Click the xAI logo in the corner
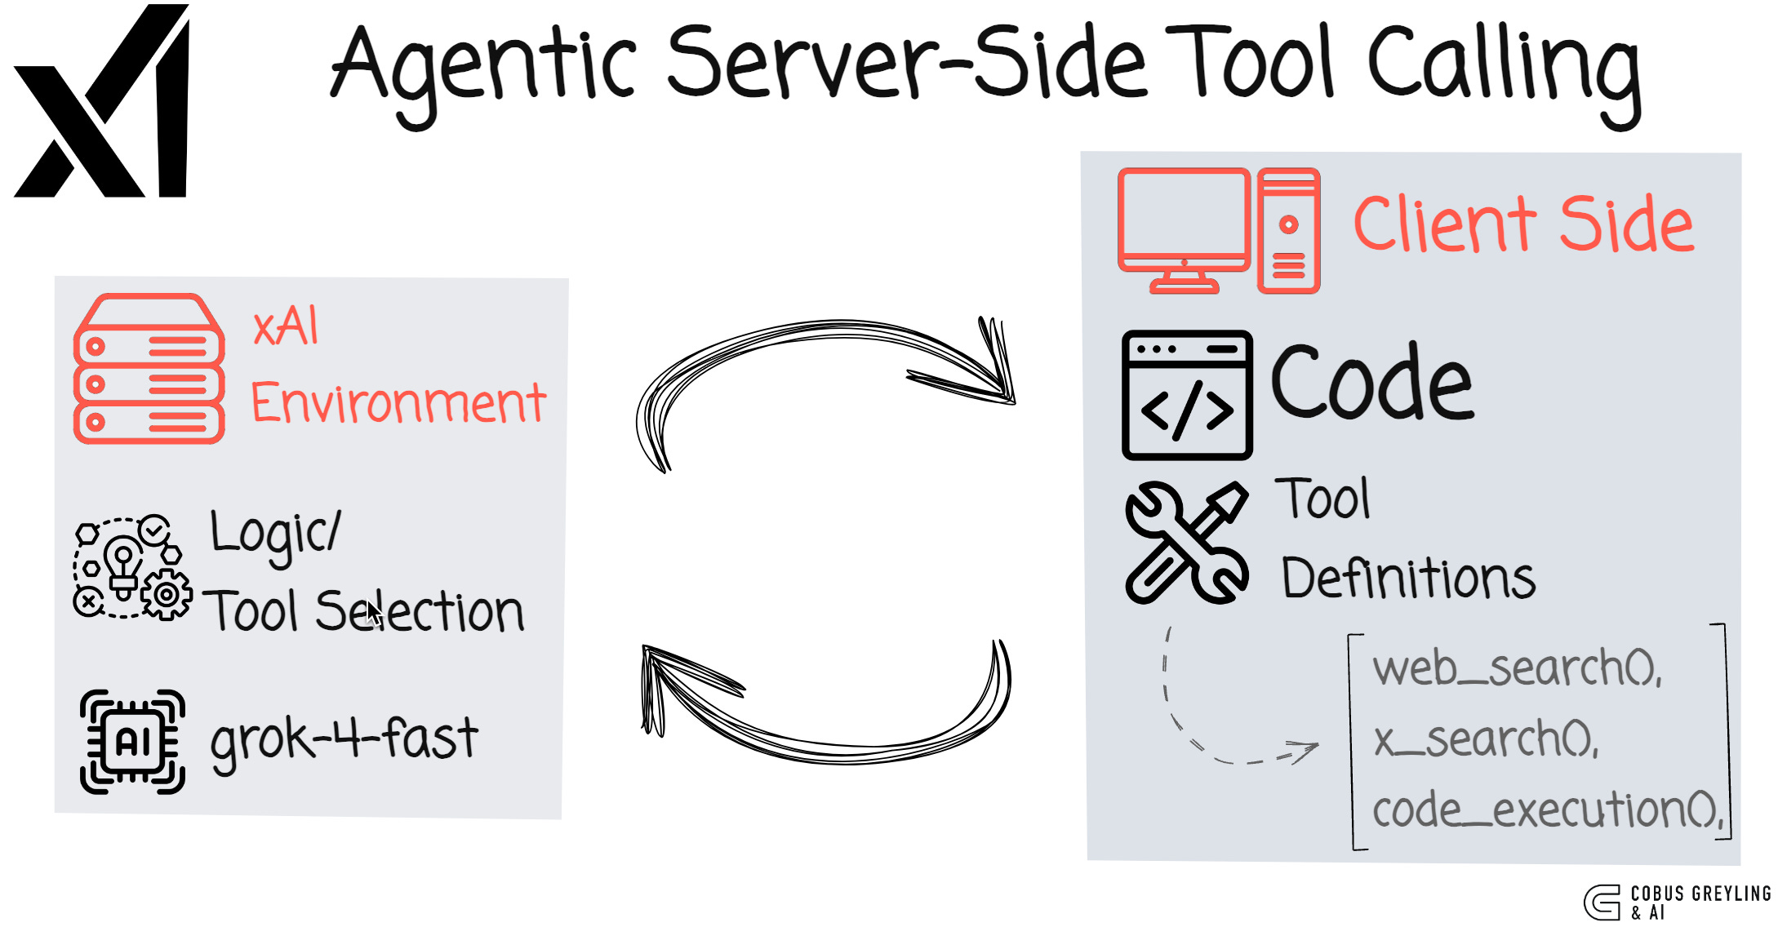pyautogui.click(x=102, y=102)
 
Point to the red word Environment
pyautogui.click(x=398, y=403)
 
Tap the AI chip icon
pyautogui.click(x=132, y=741)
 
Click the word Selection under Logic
pyautogui.click(x=420, y=612)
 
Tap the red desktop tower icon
pyautogui.click(x=1288, y=230)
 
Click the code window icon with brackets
pyautogui.click(x=1187, y=395)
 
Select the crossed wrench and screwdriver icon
pyautogui.click(x=1186, y=543)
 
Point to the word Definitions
pyautogui.click(x=1408, y=579)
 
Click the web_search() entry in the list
pyautogui.click(x=1517, y=668)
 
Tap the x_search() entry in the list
pyautogui.click(x=1486, y=740)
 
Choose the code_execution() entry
pyautogui.click(x=1548, y=811)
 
